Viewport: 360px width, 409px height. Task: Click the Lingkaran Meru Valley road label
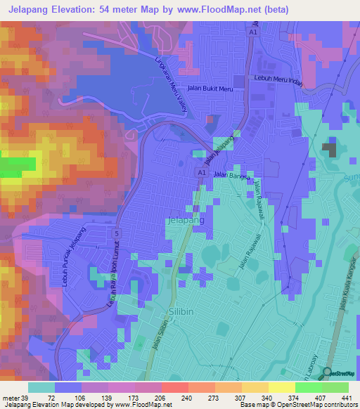tap(169, 79)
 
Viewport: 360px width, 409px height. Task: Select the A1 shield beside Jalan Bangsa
tap(202, 172)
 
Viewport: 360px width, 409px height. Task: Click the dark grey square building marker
tap(328, 149)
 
